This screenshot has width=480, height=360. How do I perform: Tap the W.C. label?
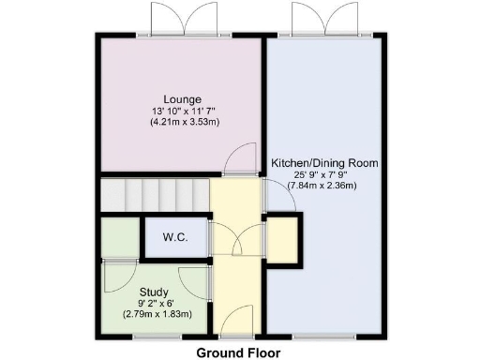coord(175,237)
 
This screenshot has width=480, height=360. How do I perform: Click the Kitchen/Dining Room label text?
coord(324,163)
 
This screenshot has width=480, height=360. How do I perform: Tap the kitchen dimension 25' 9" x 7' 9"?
coord(324,174)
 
